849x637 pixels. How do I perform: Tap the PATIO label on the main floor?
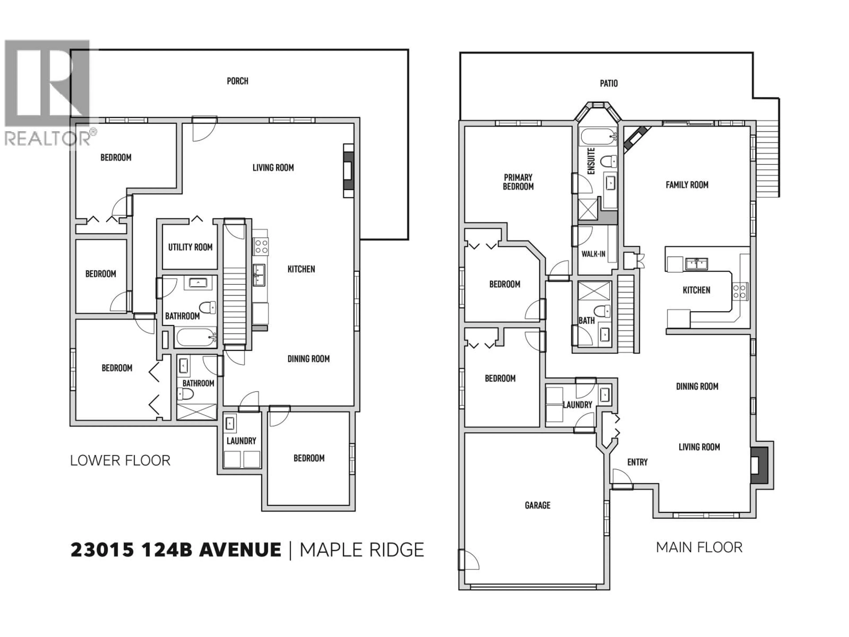pyautogui.click(x=609, y=83)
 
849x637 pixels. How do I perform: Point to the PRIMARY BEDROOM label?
pyautogui.click(x=518, y=182)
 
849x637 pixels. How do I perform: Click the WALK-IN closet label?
pyautogui.click(x=593, y=254)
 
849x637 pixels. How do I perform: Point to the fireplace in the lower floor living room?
pyautogui.click(x=348, y=171)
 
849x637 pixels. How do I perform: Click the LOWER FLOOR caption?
pyautogui.click(x=120, y=460)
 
